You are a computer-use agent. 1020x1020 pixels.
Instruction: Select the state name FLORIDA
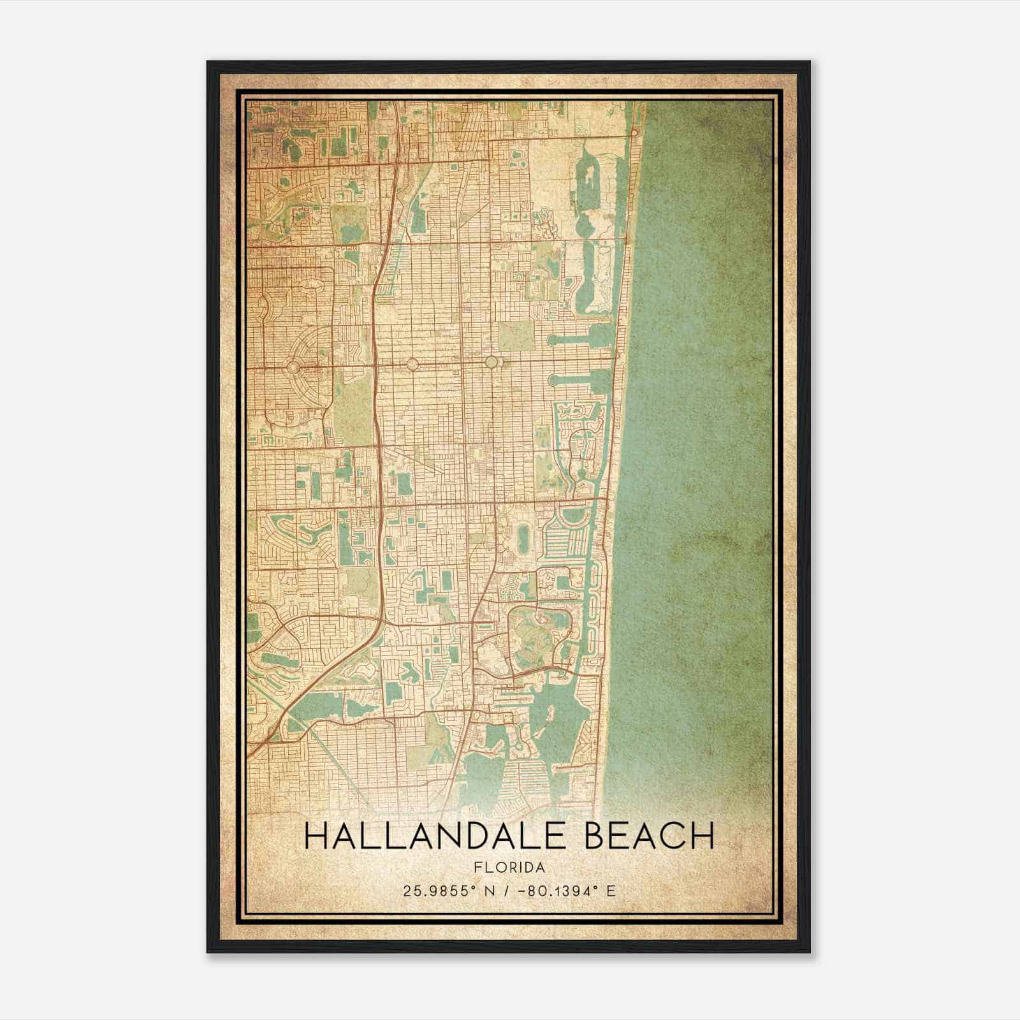click(x=509, y=868)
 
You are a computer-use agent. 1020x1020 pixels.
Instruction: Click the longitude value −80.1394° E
click(x=568, y=891)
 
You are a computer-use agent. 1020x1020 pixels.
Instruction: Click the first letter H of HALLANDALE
click(x=317, y=836)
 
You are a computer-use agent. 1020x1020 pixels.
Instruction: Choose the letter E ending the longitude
click(x=611, y=891)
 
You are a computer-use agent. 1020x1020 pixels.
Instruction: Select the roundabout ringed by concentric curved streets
click(x=294, y=367)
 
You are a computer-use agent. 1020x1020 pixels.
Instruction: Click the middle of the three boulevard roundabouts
click(x=412, y=364)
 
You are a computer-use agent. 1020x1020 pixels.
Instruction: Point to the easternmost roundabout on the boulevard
click(x=491, y=362)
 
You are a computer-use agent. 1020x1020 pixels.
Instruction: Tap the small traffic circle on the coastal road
click(x=634, y=132)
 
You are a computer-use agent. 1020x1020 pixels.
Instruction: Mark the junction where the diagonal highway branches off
click(x=380, y=617)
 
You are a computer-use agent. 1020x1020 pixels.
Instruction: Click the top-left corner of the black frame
click(x=208, y=62)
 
